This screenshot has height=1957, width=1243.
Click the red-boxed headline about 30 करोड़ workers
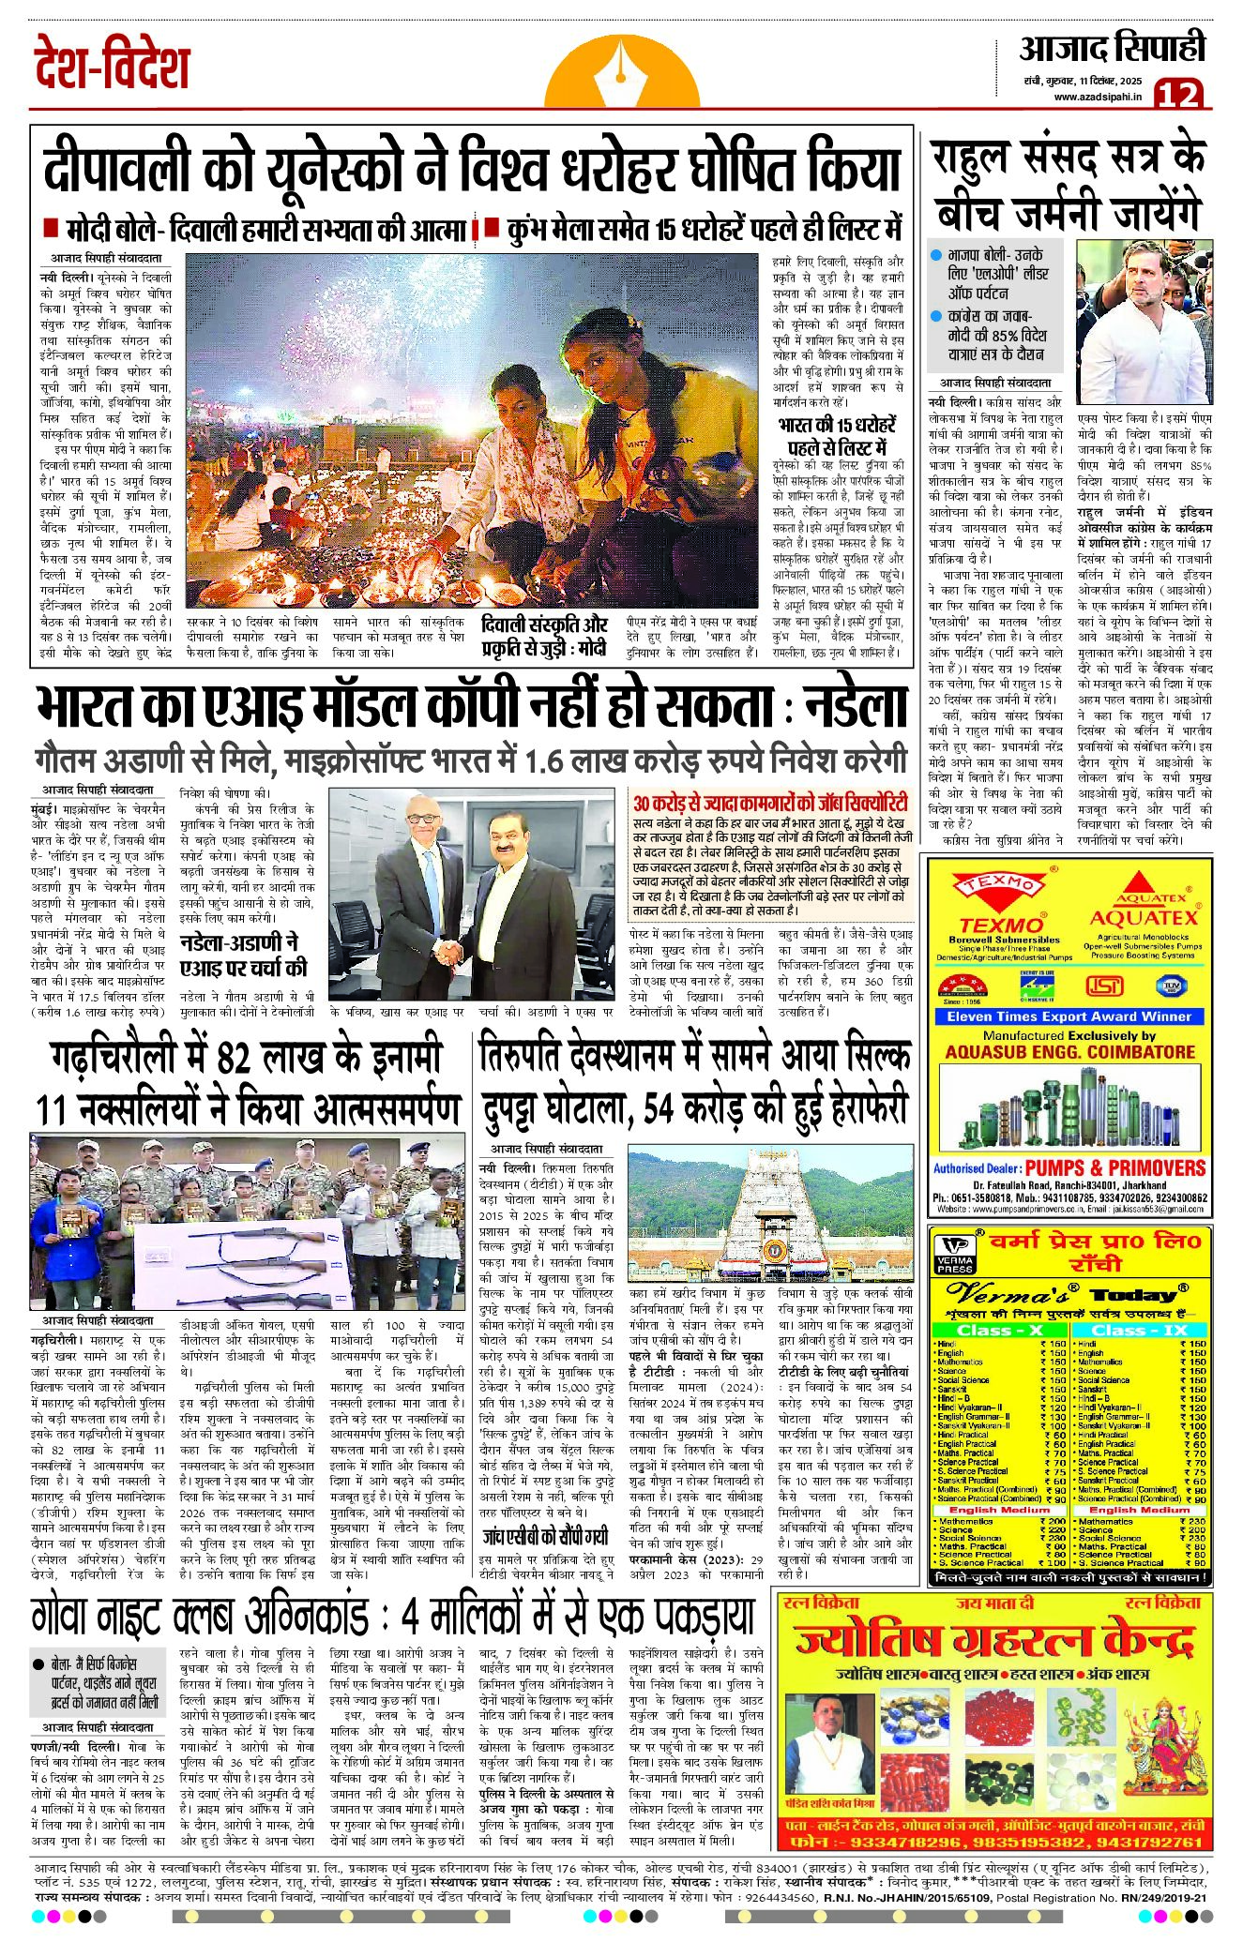[770, 804]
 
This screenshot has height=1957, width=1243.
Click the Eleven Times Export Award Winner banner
[1068, 1016]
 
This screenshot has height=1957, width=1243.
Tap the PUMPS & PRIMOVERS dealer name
[1114, 1167]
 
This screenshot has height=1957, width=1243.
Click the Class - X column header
[1000, 1330]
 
